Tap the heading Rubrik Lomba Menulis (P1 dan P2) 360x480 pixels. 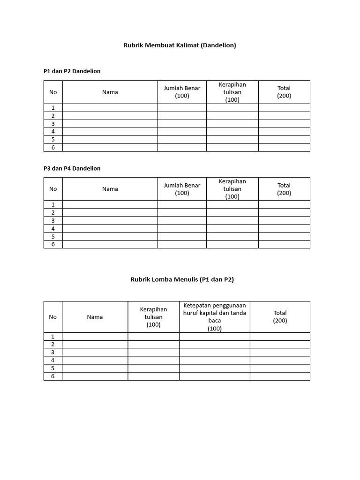tap(182, 279)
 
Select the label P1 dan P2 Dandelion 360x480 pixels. tap(72, 71)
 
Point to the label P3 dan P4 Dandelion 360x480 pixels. tap(72, 168)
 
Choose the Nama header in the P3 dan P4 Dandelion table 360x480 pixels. tap(110, 189)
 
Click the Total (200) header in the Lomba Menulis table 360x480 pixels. tap(280, 317)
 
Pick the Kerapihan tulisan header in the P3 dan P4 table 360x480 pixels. tap(232, 189)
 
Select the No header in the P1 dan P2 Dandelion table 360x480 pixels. tap(53, 92)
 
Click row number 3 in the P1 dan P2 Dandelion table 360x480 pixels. tap(53, 124)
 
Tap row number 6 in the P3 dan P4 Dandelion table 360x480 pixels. tap(53, 244)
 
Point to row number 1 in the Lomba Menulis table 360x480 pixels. tap(53, 337)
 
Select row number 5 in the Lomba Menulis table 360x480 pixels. tap(53, 368)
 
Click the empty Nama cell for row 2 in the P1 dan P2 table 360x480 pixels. tap(110, 116)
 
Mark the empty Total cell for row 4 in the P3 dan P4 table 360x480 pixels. tap(284, 229)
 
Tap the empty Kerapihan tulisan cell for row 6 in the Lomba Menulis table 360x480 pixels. tap(153, 376)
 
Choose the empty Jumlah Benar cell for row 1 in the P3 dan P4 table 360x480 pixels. tap(182, 205)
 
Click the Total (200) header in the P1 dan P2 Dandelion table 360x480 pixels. tap(284, 92)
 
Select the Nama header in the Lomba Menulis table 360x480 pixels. tap(95, 317)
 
